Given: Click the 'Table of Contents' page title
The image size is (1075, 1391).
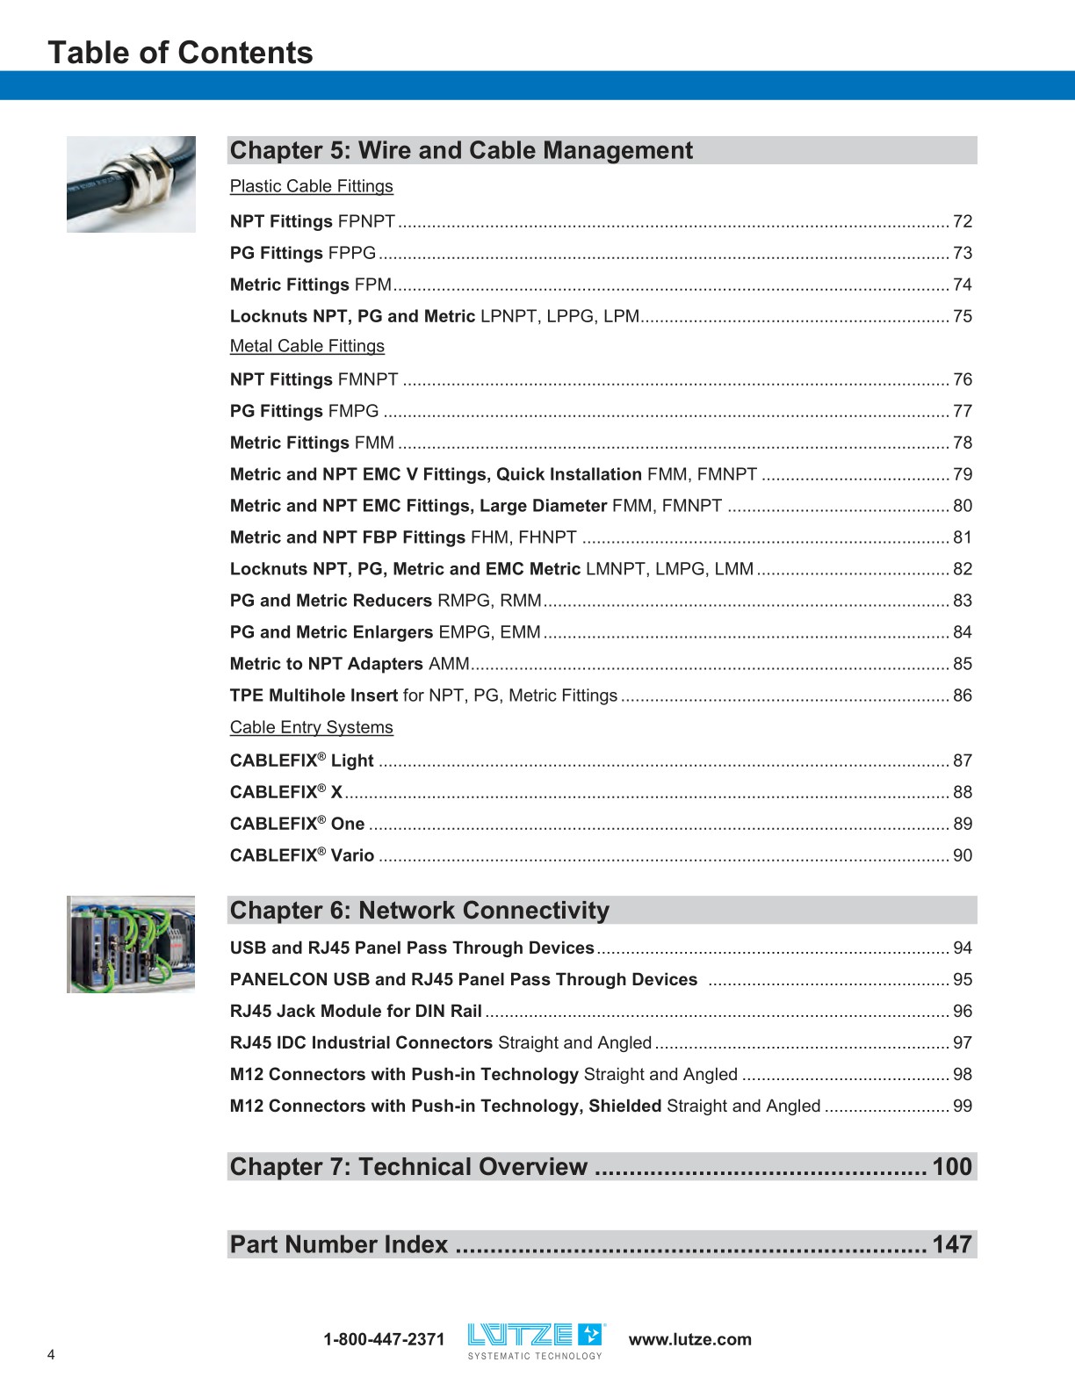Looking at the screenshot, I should click(180, 53).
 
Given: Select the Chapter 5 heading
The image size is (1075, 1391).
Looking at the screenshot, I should click(461, 150).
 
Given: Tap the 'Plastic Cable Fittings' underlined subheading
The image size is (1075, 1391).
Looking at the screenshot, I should click(311, 186).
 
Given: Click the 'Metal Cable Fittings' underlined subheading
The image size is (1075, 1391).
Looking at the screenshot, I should click(307, 346).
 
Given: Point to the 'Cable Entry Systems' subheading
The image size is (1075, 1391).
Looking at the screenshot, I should click(311, 727).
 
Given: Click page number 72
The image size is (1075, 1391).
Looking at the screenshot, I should click(963, 221).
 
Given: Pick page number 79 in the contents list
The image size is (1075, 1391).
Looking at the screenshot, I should click(963, 474).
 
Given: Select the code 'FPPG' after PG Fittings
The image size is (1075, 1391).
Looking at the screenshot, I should click(351, 253).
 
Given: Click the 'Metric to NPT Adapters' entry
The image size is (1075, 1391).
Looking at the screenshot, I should click(326, 664).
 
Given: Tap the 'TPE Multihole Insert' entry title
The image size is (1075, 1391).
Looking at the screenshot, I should click(314, 695).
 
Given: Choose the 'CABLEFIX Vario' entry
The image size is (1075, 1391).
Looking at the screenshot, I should click(302, 855).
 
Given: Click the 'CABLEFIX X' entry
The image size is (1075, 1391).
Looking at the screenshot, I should click(286, 792).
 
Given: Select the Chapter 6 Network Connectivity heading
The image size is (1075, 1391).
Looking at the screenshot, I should click(419, 911).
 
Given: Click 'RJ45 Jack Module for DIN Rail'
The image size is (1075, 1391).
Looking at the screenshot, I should click(356, 1011).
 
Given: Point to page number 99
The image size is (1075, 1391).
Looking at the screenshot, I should click(963, 1106).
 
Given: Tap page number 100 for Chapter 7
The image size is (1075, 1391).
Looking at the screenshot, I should click(952, 1167).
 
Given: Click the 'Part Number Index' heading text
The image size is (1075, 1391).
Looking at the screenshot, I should click(339, 1244).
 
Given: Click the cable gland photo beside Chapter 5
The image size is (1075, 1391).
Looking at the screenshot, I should click(131, 184).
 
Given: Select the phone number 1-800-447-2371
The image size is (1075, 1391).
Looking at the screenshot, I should click(384, 1339).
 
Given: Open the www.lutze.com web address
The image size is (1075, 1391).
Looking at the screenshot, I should click(690, 1339).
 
